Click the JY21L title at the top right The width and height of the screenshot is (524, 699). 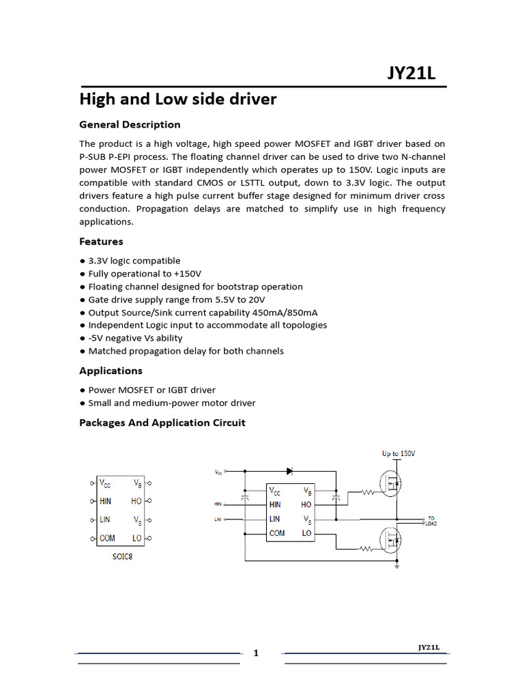(x=411, y=72)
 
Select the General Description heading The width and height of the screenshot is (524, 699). (x=130, y=124)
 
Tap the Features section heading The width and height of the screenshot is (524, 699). (x=101, y=241)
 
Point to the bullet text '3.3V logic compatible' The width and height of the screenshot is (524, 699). (x=134, y=261)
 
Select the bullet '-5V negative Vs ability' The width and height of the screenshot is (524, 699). (x=135, y=338)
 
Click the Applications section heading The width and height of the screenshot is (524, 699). (x=111, y=371)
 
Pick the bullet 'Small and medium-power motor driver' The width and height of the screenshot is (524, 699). (x=172, y=403)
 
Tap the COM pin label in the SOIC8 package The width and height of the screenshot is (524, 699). (x=107, y=539)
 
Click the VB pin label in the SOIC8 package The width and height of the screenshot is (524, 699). (x=138, y=483)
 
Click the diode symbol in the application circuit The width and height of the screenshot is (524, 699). (x=290, y=471)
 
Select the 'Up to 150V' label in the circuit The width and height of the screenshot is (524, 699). (x=398, y=453)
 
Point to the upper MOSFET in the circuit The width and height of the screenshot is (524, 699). (x=392, y=484)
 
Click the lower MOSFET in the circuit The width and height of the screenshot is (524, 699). (x=392, y=541)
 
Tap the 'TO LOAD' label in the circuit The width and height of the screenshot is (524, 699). (x=431, y=520)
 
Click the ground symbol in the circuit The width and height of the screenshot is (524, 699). (x=396, y=565)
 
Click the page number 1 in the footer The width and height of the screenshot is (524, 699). (x=257, y=653)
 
